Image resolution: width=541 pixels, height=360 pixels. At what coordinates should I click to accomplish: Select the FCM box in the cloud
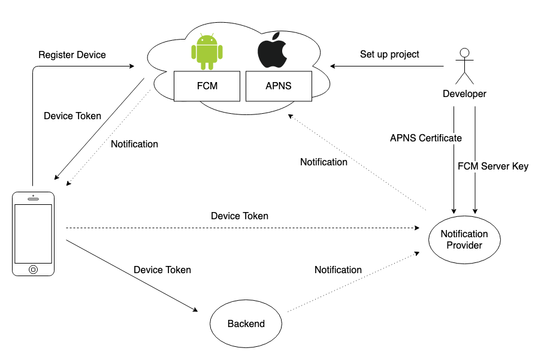207,86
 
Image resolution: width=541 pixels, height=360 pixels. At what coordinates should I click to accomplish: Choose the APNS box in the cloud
279,86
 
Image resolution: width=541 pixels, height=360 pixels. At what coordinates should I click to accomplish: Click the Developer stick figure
464,66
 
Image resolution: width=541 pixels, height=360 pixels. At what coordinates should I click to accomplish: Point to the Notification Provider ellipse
464,239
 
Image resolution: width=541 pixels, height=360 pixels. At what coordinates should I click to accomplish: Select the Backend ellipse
246,324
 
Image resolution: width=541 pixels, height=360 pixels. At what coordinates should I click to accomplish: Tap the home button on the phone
34,269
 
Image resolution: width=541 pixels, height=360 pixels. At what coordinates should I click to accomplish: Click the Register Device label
72,55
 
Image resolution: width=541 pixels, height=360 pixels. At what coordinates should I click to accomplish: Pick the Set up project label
389,55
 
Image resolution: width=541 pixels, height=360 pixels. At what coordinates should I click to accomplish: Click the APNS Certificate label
426,138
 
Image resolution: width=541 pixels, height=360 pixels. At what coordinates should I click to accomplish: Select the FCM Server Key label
493,167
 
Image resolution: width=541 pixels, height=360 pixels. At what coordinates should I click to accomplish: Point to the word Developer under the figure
464,94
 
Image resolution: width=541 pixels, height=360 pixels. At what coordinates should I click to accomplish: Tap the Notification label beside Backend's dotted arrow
338,270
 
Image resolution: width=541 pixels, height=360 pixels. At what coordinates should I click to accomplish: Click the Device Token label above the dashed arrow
240,216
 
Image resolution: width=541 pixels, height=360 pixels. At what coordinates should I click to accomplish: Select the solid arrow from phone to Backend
132,276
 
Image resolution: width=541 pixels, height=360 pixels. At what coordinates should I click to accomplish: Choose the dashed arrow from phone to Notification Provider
240,228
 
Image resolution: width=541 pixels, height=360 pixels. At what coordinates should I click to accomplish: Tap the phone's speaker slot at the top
34,198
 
